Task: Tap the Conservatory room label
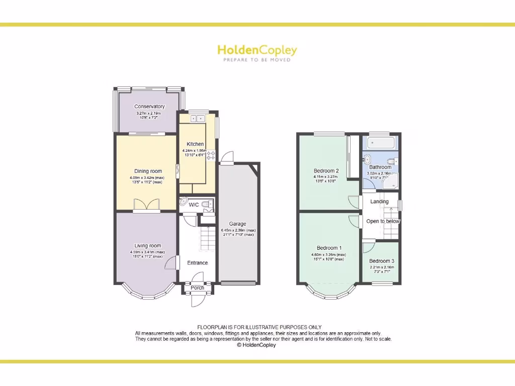coord(149,107)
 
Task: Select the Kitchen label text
coord(195,144)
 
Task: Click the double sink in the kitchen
coord(195,119)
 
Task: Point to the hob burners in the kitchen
coord(211,155)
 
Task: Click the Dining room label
coord(148,171)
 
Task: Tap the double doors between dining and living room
coord(147,205)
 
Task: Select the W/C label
coord(194,205)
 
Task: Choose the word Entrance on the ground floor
coord(197,263)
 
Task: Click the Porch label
coord(197,288)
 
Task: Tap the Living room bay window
coord(146,292)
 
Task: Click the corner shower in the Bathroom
coord(390,182)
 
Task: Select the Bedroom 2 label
coord(326,170)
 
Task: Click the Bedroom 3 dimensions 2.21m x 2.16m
coord(382,267)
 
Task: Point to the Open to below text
coord(383,221)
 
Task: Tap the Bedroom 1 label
coord(329,248)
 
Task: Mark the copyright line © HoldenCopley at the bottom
coord(256,345)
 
